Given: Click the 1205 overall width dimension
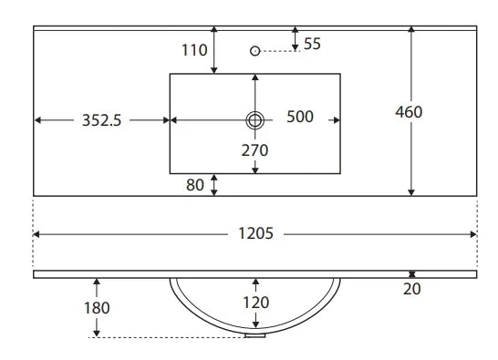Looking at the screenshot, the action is pos(255,233).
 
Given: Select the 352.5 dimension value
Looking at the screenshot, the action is pos(101,120).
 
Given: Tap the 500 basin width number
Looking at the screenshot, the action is pos(300,117).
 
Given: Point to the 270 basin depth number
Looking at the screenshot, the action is pos(254,150).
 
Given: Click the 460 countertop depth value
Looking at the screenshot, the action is pos(409,112).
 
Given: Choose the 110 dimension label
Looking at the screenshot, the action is pos(194,50).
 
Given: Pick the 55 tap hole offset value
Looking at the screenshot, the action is pos(312,44).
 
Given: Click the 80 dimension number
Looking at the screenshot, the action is pos(195,185).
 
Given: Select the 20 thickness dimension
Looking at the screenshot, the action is pos(412,289).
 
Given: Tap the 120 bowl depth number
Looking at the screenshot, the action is pos(256,303).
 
